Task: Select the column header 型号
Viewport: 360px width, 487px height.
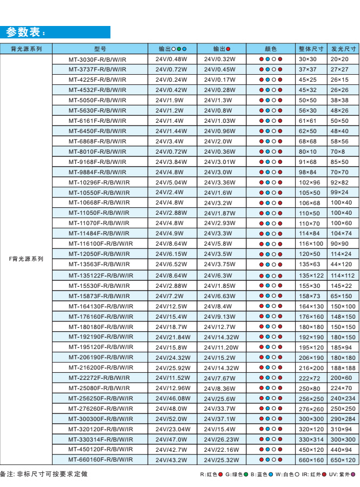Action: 97,48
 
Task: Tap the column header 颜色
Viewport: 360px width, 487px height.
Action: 270,48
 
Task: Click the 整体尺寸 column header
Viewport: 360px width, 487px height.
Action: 310,48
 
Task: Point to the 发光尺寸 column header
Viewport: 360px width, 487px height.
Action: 343,48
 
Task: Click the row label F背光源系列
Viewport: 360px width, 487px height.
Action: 26,259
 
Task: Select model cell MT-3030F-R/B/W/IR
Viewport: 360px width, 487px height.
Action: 97,59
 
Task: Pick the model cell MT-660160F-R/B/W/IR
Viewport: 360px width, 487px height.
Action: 100,460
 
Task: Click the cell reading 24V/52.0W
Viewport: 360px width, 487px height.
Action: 171,419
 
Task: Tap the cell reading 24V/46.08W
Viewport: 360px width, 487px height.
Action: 172,398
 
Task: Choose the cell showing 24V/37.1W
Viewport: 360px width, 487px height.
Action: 220,419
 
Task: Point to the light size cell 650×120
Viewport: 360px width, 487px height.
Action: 343,460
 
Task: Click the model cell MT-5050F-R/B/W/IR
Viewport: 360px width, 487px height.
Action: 97,100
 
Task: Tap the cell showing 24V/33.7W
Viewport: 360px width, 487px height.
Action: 220,409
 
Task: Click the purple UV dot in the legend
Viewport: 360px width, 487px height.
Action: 354,475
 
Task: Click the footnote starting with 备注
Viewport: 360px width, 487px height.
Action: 43,475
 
